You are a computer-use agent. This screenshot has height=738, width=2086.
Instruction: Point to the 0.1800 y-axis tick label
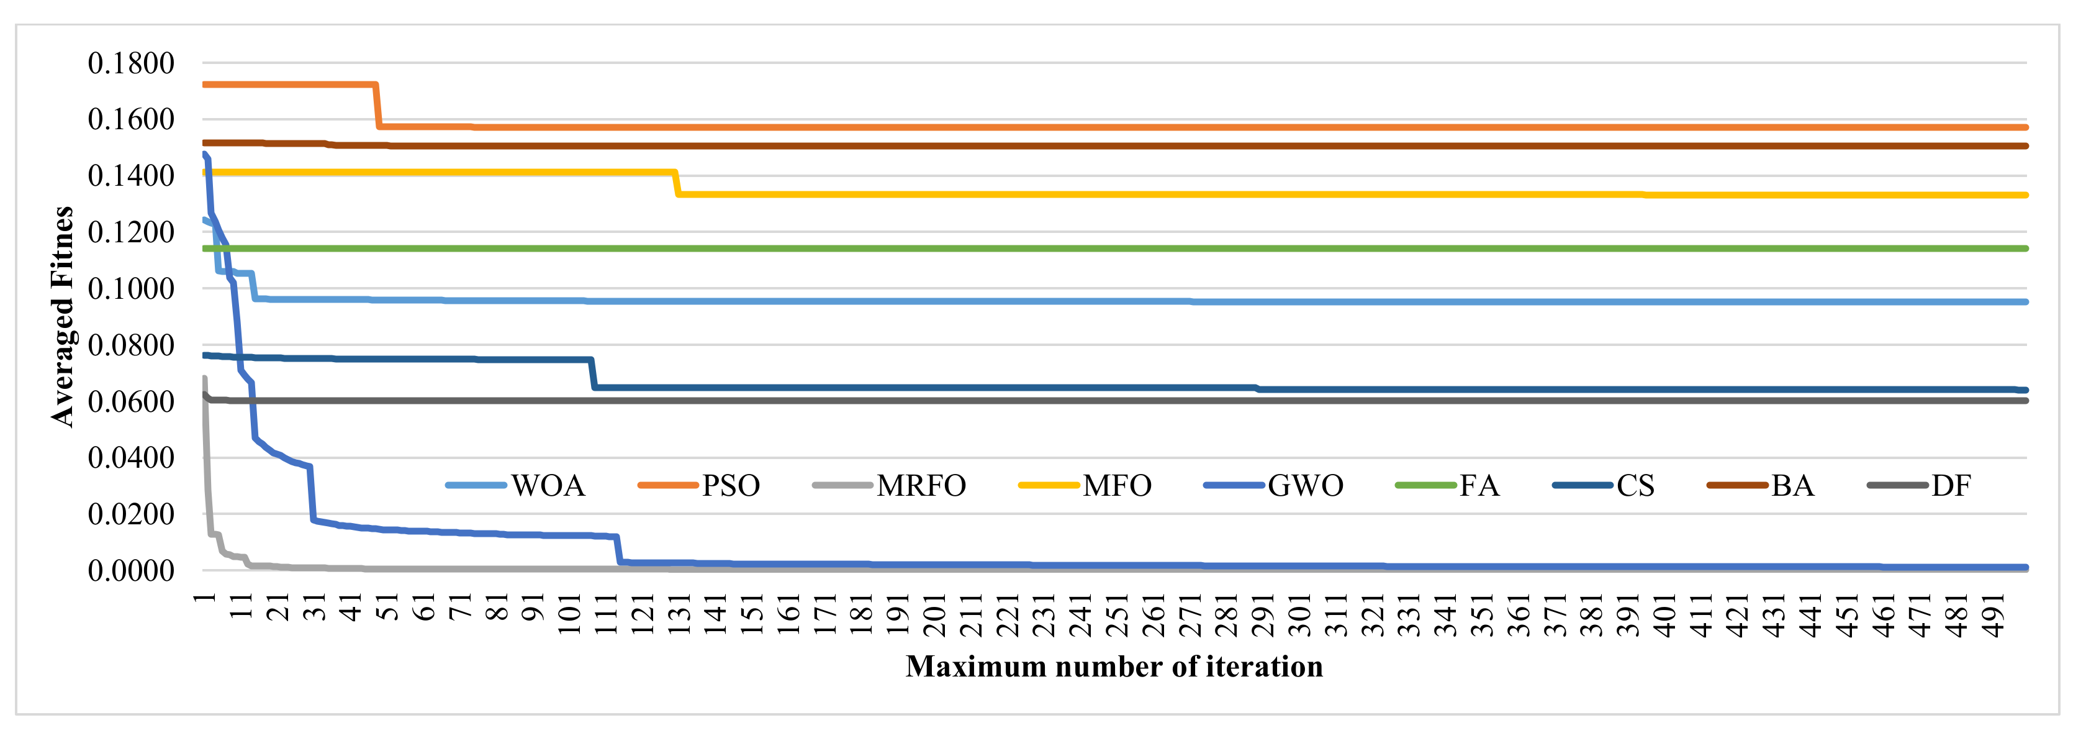131,63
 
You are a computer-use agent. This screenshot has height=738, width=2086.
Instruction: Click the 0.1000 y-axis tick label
131,288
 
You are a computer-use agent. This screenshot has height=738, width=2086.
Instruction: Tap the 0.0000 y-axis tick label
131,570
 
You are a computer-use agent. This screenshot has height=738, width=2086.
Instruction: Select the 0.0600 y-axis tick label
131,401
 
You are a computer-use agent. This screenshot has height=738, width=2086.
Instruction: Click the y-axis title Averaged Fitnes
62,316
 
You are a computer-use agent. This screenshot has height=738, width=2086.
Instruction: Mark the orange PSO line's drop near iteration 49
377,106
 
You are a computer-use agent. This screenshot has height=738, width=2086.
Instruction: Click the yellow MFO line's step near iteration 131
677,183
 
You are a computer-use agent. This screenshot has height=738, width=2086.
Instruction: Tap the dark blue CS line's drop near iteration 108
593,373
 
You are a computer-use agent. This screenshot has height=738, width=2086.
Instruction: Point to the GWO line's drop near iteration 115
619,549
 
